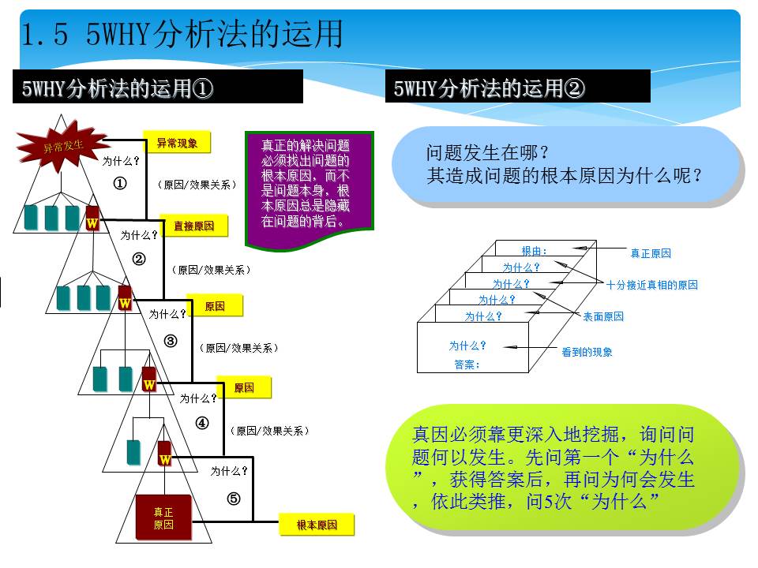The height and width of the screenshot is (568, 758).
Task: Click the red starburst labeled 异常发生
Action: point(62,147)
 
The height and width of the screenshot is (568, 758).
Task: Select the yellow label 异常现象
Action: point(177,143)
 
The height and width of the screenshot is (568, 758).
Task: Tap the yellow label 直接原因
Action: point(194,226)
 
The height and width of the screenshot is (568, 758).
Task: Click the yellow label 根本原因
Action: point(317,525)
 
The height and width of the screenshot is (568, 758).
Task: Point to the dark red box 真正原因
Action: point(163,518)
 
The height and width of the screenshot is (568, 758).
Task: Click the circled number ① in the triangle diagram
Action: point(120,184)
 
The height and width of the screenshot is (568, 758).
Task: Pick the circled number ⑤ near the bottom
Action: point(234,499)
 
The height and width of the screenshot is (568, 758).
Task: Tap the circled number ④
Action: point(202,423)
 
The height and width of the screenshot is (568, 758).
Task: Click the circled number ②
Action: point(139,260)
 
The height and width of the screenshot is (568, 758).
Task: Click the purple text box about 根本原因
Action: point(310,189)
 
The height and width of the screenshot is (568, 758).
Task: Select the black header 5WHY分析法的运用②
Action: point(518,87)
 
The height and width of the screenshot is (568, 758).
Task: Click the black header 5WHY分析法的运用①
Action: point(158,87)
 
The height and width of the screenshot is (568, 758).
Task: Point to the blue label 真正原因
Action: point(651,253)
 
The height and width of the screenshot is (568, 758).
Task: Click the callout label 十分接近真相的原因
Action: point(651,285)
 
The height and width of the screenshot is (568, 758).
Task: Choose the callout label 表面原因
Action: point(602,316)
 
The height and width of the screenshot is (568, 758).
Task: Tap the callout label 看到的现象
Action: point(587,352)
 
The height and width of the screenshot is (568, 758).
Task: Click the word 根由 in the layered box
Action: point(531,251)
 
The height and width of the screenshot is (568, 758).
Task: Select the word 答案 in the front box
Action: point(463,364)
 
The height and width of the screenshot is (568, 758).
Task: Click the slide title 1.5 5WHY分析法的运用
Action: point(182,34)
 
